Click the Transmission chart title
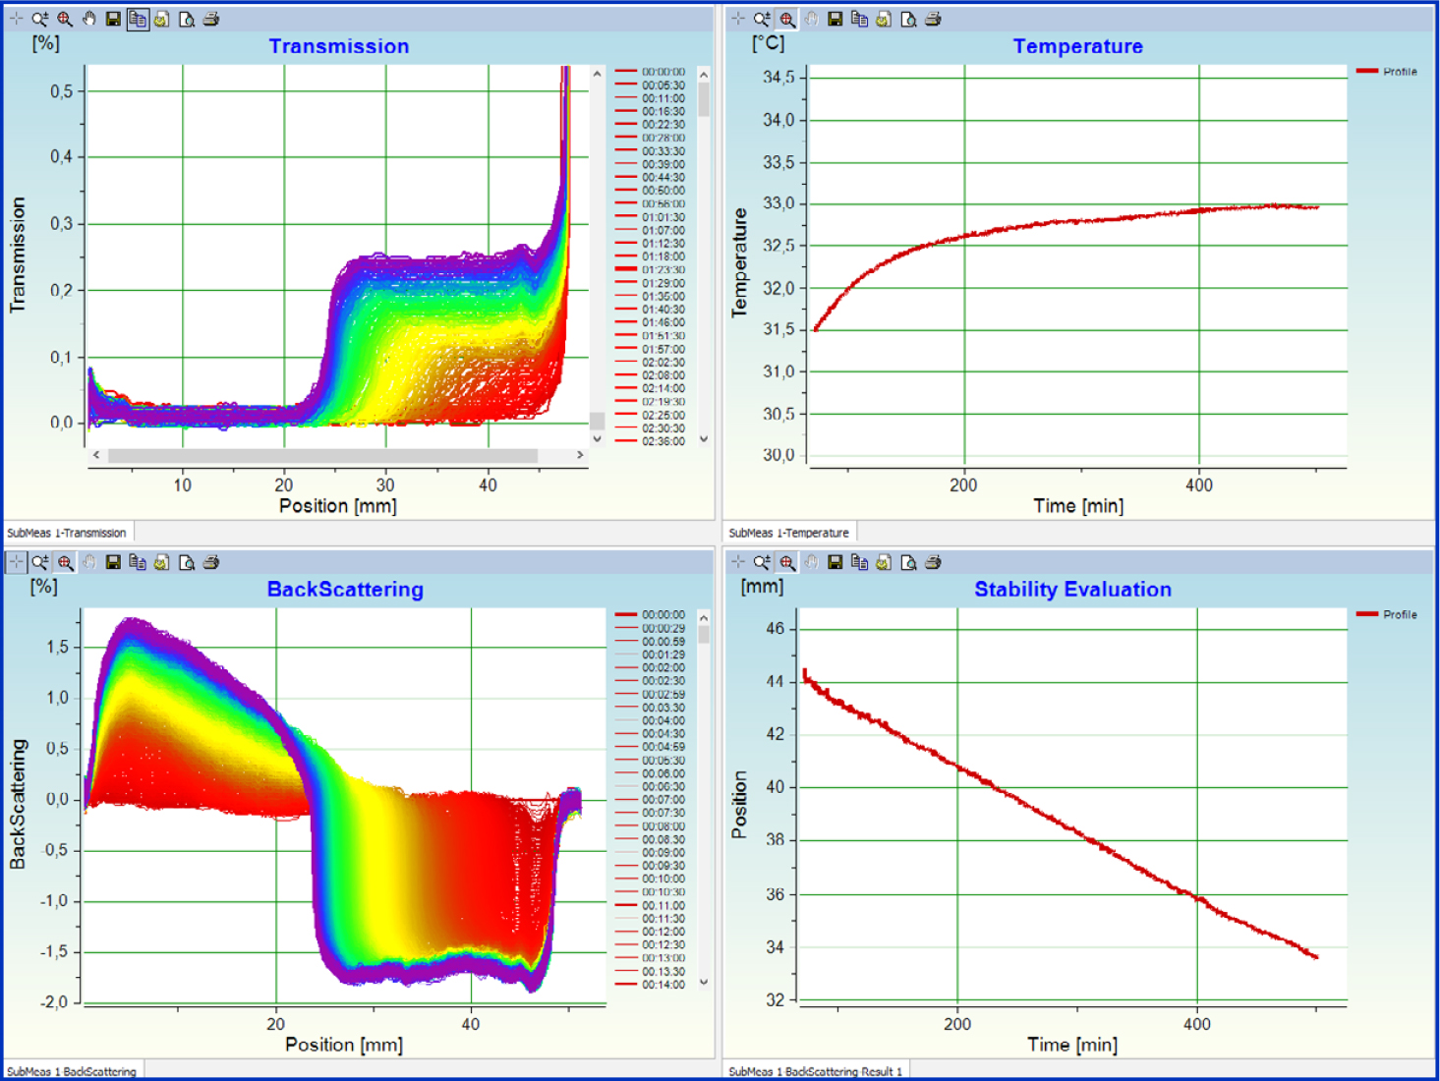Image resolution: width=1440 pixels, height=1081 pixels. (338, 46)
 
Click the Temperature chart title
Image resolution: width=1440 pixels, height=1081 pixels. (1077, 46)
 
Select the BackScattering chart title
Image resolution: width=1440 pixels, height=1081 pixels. (345, 590)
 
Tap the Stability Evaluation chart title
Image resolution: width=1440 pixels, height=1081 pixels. (1072, 590)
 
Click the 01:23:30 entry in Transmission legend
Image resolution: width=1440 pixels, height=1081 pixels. (663, 269)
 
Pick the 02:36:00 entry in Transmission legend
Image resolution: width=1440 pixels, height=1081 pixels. (663, 441)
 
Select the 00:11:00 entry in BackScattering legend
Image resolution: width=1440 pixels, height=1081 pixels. (663, 905)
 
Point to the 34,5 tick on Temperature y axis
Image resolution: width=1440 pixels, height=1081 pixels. (778, 78)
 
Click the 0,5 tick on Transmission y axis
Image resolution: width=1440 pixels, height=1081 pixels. (61, 91)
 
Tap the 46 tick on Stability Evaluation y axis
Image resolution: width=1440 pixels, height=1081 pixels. (776, 629)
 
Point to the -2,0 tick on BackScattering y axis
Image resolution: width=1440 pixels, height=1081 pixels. (54, 1002)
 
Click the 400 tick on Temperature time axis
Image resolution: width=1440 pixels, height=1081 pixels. (1198, 484)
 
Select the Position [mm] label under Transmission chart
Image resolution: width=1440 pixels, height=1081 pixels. (338, 506)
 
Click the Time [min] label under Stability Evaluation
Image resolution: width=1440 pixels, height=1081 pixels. (1072, 1045)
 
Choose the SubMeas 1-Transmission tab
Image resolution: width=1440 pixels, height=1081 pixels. (67, 533)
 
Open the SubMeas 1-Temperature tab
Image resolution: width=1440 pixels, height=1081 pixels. (788, 533)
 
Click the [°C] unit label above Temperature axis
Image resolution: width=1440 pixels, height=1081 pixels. (768, 43)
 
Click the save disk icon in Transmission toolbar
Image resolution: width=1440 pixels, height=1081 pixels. (113, 19)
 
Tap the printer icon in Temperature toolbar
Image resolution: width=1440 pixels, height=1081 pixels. (933, 19)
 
